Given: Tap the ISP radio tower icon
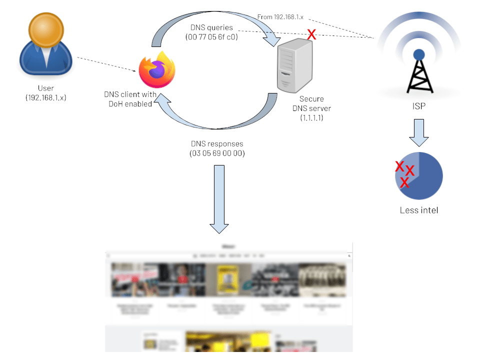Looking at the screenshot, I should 419,70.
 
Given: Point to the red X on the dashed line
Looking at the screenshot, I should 311,34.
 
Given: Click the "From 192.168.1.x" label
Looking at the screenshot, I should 280,17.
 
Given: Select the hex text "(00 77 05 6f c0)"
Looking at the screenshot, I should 211,36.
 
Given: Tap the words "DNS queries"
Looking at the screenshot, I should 211,27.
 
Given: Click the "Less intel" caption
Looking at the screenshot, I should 419,210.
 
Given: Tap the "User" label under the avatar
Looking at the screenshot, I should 45,88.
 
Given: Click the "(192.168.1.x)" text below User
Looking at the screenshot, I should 45,97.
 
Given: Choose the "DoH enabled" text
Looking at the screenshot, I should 130,103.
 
